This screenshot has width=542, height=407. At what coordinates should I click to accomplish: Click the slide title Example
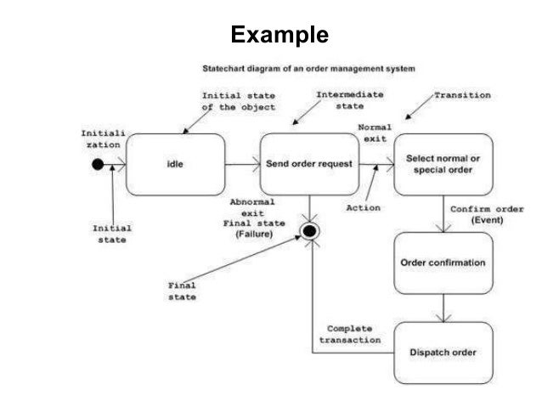[x=279, y=35]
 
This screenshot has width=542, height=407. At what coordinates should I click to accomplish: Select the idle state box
[x=175, y=164]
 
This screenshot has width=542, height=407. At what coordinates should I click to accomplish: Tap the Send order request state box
[x=309, y=164]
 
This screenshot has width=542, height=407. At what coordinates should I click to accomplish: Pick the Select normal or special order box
[x=443, y=164]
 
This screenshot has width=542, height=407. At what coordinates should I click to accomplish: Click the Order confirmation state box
[x=443, y=263]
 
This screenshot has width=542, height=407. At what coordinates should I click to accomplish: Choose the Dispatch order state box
[x=443, y=353]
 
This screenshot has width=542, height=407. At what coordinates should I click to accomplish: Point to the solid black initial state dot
[x=98, y=164]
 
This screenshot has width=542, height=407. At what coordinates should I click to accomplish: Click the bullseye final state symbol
[x=309, y=231]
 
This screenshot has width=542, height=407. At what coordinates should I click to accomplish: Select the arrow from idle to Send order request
[x=242, y=164]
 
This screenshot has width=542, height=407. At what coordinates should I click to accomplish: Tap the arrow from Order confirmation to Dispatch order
[x=443, y=308]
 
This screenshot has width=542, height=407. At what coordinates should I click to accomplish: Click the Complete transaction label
[x=350, y=335]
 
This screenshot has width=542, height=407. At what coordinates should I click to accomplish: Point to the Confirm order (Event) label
[x=487, y=214]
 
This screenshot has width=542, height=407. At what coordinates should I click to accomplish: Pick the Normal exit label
[x=375, y=133]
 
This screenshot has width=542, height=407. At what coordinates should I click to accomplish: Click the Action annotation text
[x=364, y=208]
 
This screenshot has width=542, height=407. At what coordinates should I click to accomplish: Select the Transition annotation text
[x=462, y=95]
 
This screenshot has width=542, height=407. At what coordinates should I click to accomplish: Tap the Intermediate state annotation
[x=350, y=100]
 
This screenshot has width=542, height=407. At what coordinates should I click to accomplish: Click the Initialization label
[x=103, y=139]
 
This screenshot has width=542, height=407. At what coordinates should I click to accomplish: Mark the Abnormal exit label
[x=252, y=207]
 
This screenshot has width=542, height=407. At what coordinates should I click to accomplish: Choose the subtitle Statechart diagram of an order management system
[x=308, y=69]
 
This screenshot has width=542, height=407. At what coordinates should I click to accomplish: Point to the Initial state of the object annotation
[x=239, y=101]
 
